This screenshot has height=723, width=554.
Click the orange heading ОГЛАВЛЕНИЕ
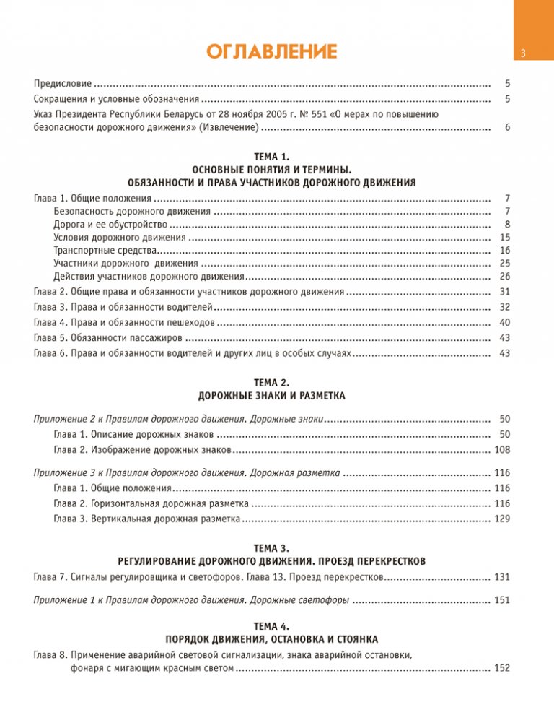tap(271, 51)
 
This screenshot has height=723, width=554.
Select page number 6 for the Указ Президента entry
tap(508, 127)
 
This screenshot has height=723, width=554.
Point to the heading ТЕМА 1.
tap(271, 156)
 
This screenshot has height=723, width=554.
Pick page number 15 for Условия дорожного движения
tap(505, 237)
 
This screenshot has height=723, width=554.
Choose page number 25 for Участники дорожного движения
tap(505, 263)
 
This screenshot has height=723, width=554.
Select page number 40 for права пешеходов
tap(505, 322)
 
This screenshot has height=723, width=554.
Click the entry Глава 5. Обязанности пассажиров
tap(108, 337)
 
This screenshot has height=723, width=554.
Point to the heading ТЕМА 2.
tap(271, 382)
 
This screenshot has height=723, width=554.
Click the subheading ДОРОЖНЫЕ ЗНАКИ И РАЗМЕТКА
tap(271, 396)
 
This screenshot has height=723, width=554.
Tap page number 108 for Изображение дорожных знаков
tap(503, 450)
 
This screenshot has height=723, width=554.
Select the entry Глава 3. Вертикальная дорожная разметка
tap(146, 519)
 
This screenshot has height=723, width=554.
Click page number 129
tap(503, 519)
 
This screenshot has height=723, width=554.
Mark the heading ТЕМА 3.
tap(271, 548)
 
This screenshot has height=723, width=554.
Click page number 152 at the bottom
tap(503, 668)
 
